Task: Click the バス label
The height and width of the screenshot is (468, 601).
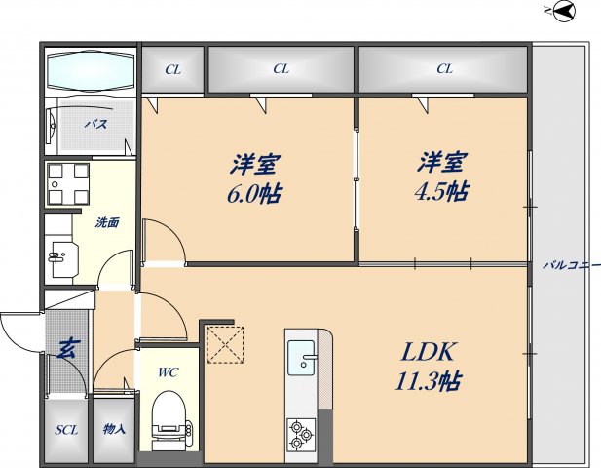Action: [94, 125]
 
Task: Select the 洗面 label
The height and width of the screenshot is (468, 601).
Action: [107, 222]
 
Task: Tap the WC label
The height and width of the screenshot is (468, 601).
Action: [169, 371]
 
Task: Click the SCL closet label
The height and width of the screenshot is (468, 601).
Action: [66, 430]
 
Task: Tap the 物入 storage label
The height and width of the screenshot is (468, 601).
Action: [113, 430]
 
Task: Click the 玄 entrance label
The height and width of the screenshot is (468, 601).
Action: [66, 347]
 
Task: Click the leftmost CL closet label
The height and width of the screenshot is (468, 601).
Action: [173, 69]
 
